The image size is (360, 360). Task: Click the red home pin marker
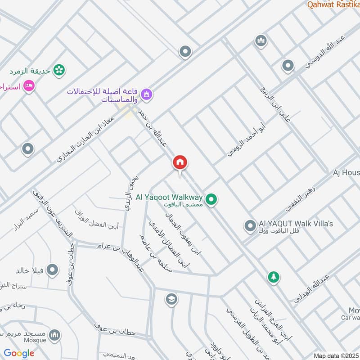(180, 163)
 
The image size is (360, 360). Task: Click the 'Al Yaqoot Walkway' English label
(174, 197)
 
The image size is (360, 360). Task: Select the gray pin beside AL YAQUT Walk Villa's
(250, 225)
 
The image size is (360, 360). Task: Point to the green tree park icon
(273, 277)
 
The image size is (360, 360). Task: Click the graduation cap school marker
(171, 299)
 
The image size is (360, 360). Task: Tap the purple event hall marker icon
(146, 94)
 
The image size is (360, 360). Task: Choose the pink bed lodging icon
(29, 85)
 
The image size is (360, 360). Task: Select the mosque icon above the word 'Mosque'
(54, 335)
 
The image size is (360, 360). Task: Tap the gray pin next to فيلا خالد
(53, 270)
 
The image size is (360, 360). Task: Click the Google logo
(19, 353)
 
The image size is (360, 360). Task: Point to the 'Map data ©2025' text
(335, 355)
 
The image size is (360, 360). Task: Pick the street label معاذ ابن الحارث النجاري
(86, 140)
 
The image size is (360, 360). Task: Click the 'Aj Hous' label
(346, 172)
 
